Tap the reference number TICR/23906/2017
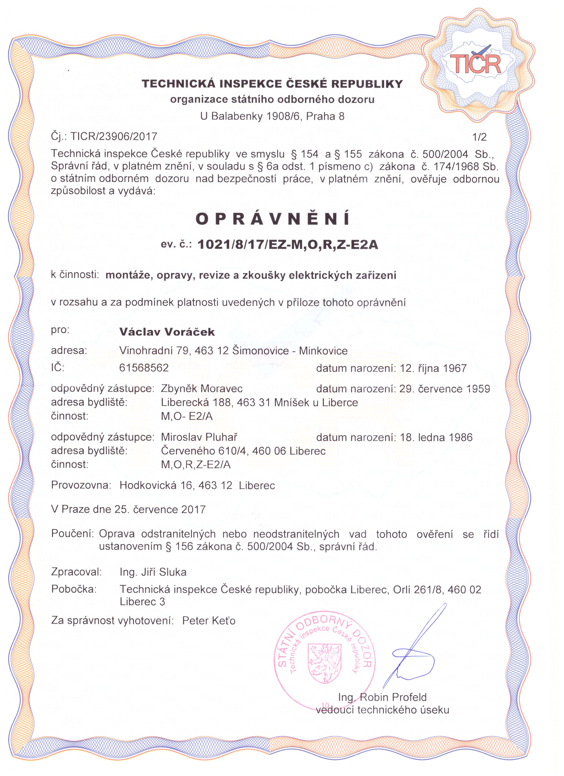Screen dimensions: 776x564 pyautogui.click(x=114, y=137)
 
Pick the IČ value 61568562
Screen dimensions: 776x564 pyautogui.click(x=144, y=368)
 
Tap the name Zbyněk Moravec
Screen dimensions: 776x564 pyautogui.click(x=202, y=389)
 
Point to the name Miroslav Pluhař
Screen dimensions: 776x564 pyautogui.click(x=199, y=437)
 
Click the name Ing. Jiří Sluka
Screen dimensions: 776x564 pyautogui.click(x=153, y=572)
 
